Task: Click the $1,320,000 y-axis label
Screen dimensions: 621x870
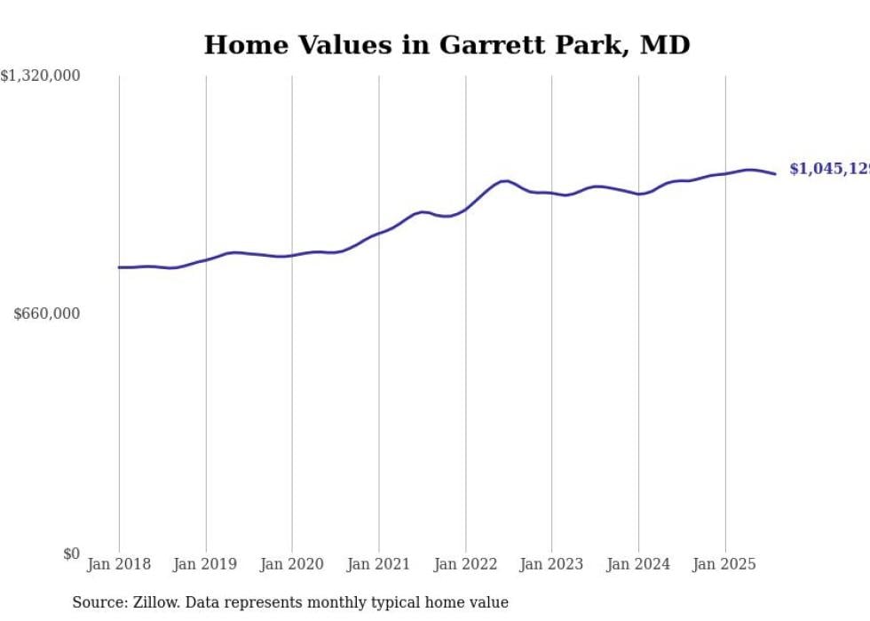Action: tap(40, 76)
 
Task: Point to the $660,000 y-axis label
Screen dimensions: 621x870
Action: tap(47, 314)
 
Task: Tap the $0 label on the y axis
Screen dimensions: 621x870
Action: tap(71, 553)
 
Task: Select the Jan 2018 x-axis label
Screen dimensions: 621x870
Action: tap(119, 564)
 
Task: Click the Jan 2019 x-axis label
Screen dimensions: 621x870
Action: tap(206, 564)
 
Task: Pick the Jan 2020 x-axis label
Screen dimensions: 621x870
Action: tap(292, 564)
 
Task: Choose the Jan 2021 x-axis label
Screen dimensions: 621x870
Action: tap(379, 564)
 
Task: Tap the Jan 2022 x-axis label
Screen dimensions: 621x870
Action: tap(465, 564)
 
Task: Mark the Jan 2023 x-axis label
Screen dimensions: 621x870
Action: tap(551, 564)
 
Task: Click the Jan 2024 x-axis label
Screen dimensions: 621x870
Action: tap(638, 564)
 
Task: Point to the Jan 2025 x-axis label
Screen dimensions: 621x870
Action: tap(725, 564)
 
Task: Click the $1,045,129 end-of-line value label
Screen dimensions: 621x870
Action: tap(829, 169)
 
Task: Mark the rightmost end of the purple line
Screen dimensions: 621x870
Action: tap(776, 174)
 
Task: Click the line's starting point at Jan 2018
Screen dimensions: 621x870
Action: tap(119, 267)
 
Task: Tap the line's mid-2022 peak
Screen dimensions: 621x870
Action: tap(504, 181)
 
